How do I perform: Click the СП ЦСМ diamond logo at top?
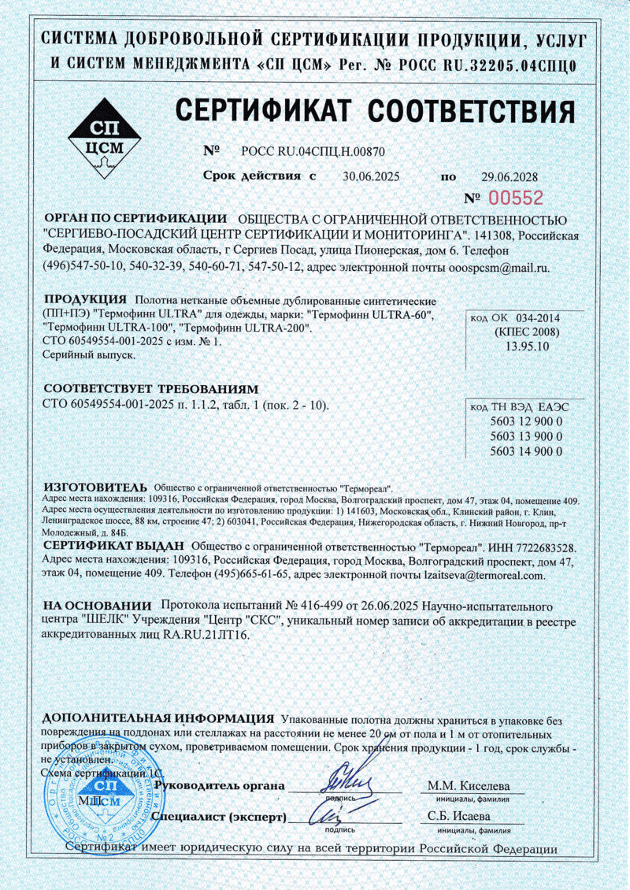[107, 139]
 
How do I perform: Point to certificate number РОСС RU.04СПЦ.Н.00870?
[313, 150]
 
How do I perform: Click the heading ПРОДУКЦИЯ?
[85, 300]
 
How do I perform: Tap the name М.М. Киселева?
[469, 786]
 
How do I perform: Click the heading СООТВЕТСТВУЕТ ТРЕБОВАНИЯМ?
[150, 389]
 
